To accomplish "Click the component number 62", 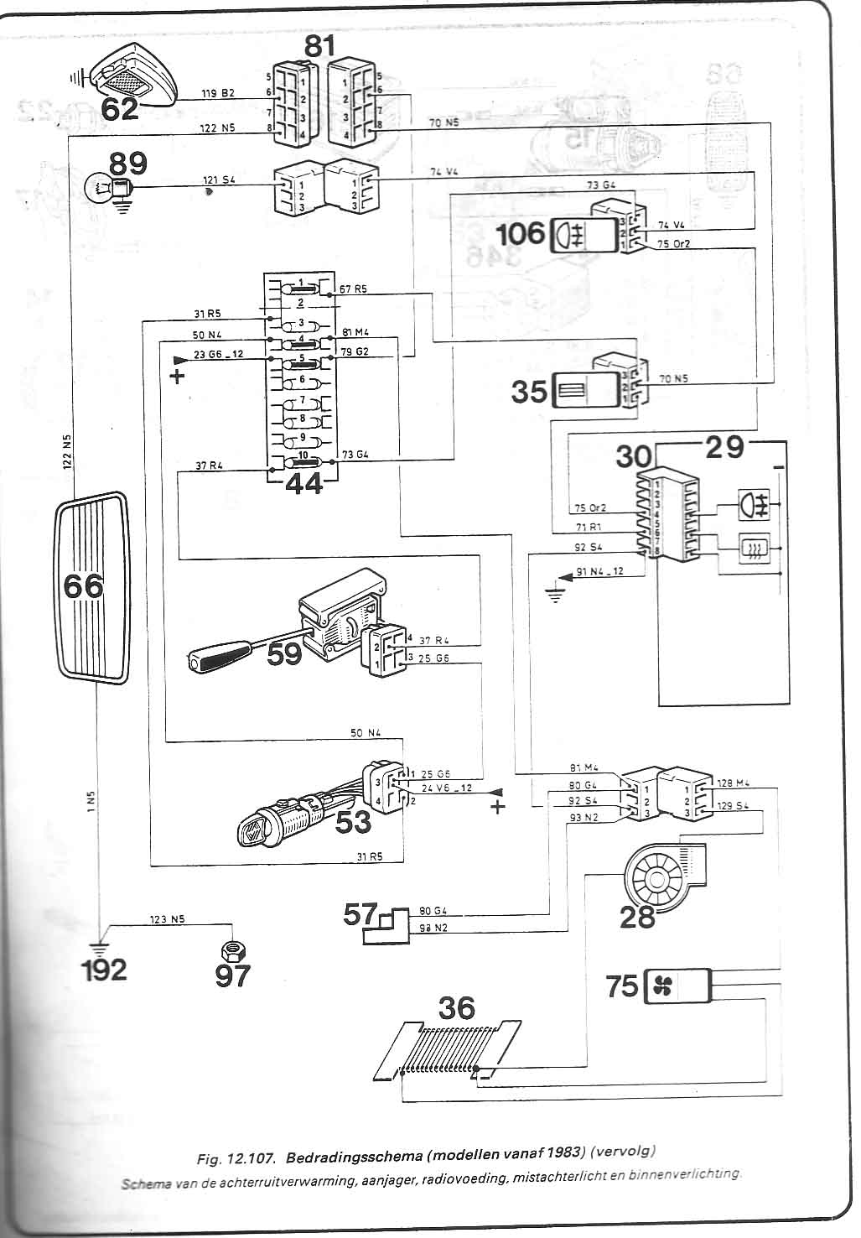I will click(x=119, y=108).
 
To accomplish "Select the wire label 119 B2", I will click(x=218, y=93).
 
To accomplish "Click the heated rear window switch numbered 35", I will click(x=584, y=392).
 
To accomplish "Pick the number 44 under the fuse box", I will click(x=303, y=484).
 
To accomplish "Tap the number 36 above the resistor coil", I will click(x=455, y=1007).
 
